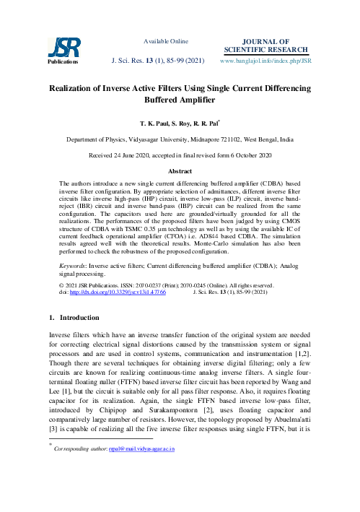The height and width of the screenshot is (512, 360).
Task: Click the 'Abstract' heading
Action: pyautogui.click(x=180, y=172)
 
